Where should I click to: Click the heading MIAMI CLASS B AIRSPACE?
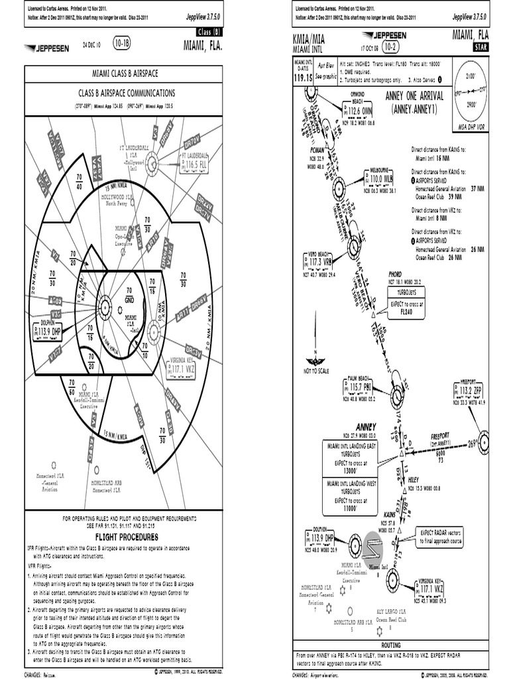127,73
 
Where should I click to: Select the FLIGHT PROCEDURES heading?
127,536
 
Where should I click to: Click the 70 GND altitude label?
129,295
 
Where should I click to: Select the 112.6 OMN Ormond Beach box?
360,111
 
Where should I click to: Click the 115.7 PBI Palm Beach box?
361,387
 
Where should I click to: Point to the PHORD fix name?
396,274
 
